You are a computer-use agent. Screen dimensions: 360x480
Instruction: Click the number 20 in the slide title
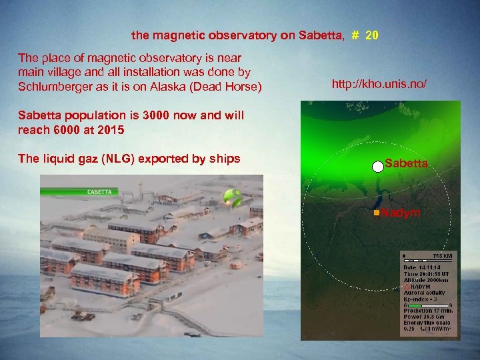(x=372, y=35)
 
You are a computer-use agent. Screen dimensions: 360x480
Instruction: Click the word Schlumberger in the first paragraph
(x=52, y=87)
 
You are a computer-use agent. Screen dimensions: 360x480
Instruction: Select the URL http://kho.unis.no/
(x=379, y=84)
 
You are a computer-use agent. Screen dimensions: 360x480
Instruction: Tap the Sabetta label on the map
(x=406, y=163)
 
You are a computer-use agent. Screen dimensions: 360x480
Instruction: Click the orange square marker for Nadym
(x=377, y=212)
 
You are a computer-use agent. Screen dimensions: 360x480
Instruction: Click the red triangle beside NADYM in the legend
(x=407, y=287)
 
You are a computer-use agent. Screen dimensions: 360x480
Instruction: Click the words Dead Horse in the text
(x=233, y=87)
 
